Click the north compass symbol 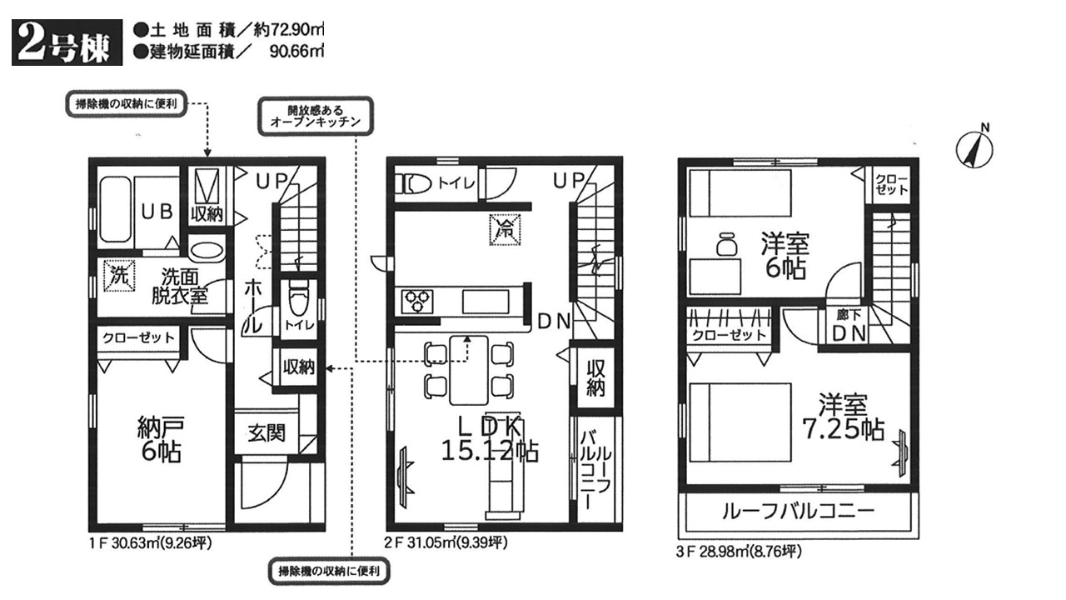click(974, 149)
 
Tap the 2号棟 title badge click(67, 42)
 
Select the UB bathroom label click(157, 212)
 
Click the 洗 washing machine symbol click(119, 275)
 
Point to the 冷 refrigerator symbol click(505, 229)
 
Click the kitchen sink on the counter click(486, 302)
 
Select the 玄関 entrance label click(266, 433)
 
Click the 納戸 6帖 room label click(161, 438)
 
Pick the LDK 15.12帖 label click(490, 438)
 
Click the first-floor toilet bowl click(298, 297)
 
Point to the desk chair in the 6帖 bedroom click(726, 243)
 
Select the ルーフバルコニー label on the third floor click(798, 512)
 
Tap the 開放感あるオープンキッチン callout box click(316, 116)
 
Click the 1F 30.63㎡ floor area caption click(151, 542)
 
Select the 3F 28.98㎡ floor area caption click(739, 552)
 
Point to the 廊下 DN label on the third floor click(849, 326)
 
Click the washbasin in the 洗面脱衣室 click(207, 249)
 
